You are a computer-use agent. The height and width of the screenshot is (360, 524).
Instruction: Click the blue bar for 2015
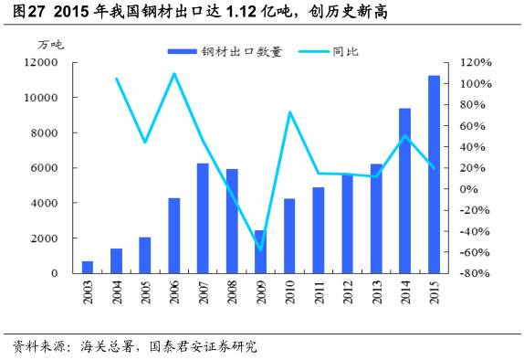435,175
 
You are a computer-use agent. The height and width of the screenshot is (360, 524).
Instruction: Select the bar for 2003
88,267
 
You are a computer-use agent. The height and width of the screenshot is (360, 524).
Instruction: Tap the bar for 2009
261,251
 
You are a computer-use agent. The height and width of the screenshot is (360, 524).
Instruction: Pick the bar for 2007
203,217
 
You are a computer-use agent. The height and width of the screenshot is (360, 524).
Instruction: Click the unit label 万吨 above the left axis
50,44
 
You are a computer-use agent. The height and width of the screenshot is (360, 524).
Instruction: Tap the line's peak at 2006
173,74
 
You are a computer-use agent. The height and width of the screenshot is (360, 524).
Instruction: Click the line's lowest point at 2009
261,249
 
